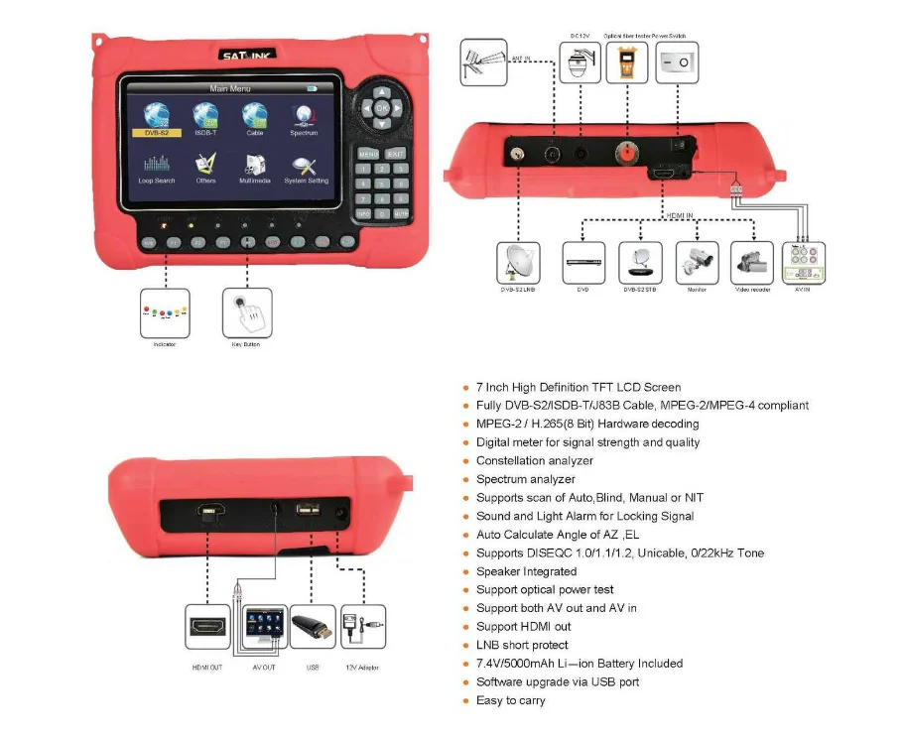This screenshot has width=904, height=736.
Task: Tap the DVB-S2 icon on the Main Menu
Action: pos(155,116)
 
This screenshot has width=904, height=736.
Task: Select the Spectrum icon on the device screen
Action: pos(304,116)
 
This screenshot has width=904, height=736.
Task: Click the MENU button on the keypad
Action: pos(367,154)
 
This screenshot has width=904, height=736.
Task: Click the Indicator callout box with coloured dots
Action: pos(164,314)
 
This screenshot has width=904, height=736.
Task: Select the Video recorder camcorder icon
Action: pos(751,263)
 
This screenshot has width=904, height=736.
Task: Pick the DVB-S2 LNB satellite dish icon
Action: pos(519,263)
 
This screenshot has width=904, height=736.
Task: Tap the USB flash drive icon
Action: pos(312,627)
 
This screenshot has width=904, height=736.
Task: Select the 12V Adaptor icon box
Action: pos(361,627)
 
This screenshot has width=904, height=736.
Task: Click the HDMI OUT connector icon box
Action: pos(206,627)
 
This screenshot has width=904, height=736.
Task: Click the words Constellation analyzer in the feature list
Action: pos(534,460)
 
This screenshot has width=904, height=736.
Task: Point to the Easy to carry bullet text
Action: pos(510,700)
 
